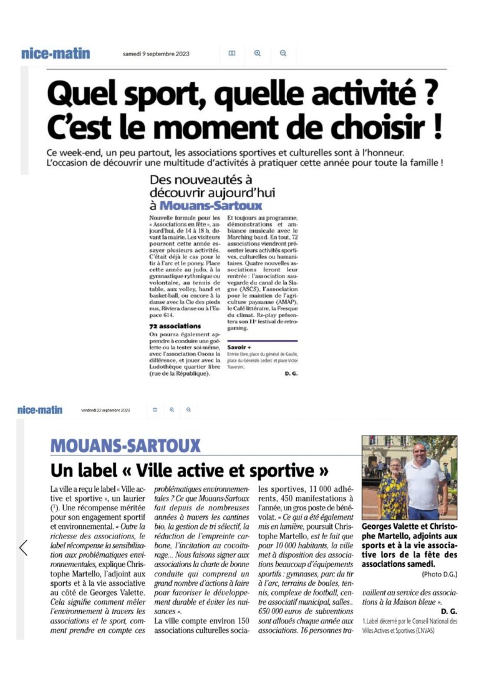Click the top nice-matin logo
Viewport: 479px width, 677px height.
tap(56, 54)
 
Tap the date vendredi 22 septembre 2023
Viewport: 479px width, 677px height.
tap(105, 411)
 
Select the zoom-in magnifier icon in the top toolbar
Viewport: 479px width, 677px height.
tap(258, 54)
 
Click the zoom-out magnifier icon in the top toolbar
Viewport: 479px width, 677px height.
tap(283, 54)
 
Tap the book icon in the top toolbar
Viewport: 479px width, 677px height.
tap(232, 54)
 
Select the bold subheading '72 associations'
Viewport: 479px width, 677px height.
tap(175, 326)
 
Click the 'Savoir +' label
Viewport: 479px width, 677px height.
tap(239, 347)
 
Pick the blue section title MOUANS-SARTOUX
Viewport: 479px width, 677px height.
tap(126, 446)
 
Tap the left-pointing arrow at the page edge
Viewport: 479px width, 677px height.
tap(24, 547)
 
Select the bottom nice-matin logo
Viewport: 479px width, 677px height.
tap(40, 410)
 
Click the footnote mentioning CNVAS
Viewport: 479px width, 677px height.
tap(410, 626)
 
